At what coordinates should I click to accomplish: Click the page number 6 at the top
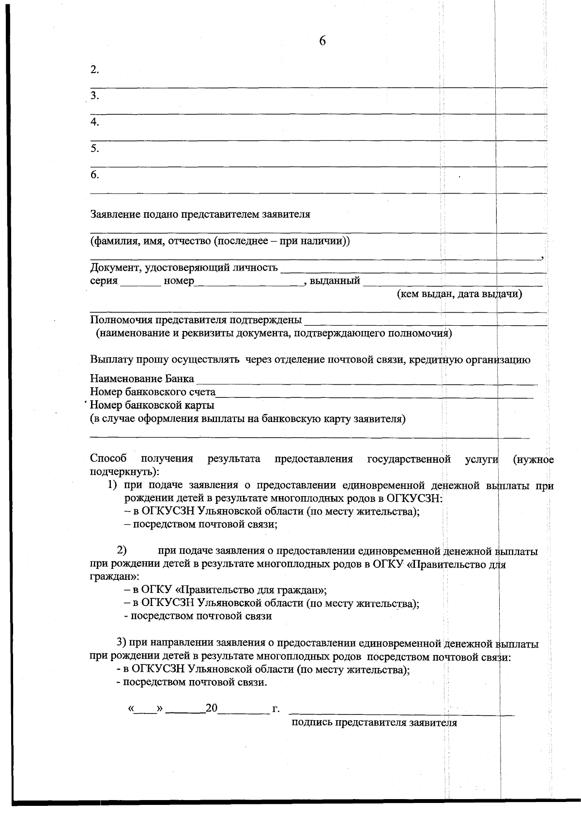322,41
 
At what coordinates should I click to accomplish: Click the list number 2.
94,70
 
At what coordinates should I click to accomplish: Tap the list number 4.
94,122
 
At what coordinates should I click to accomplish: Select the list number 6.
94,175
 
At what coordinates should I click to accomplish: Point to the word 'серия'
104,281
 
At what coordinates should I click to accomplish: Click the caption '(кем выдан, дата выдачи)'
459,294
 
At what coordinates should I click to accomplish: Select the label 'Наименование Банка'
142,378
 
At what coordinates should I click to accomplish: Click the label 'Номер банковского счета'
153,392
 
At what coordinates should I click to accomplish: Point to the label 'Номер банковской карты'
152,405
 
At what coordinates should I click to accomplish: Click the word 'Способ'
108,458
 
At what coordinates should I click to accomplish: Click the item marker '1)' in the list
112,485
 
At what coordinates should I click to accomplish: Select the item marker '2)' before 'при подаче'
122,550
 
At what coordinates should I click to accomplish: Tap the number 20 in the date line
212,709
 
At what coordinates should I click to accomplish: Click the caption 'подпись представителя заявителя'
374,723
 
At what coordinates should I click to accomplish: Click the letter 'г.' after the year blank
276,709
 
